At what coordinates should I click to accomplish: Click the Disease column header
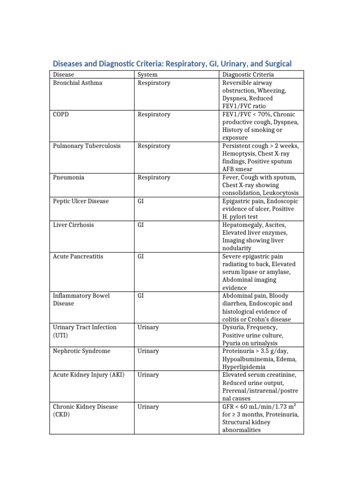(x=63, y=75)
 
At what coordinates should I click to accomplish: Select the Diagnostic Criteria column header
(x=248, y=75)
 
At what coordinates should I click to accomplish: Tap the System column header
(x=148, y=75)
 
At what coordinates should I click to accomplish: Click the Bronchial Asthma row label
(x=78, y=83)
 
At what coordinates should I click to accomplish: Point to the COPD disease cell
(x=61, y=114)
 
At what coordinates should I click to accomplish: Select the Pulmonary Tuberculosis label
(x=87, y=146)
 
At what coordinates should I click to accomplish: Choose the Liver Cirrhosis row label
(x=74, y=225)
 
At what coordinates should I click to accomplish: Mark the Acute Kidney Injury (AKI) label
(x=89, y=375)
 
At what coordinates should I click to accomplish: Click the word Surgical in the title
(x=275, y=63)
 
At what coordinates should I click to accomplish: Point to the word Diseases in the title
(x=67, y=63)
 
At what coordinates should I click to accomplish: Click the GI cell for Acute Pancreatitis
(x=141, y=256)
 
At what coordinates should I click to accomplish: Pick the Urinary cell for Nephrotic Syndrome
(x=148, y=351)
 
